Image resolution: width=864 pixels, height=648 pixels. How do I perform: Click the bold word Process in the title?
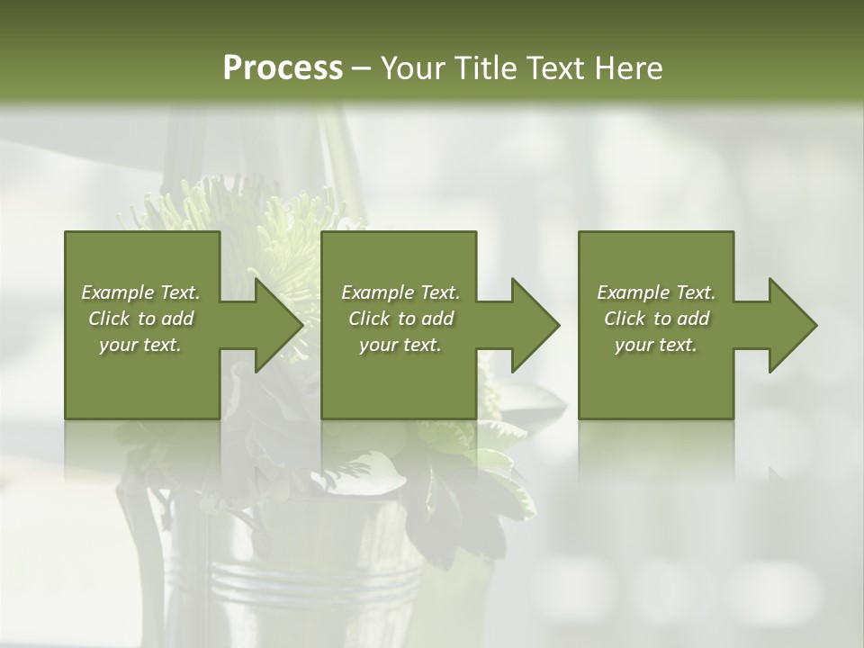click(283, 68)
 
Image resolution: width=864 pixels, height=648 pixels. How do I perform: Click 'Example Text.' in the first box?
click(140, 292)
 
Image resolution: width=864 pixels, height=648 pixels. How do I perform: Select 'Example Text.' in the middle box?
click(400, 292)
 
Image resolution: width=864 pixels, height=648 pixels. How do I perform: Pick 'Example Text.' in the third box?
click(656, 292)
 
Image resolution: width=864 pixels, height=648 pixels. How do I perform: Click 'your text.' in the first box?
click(140, 345)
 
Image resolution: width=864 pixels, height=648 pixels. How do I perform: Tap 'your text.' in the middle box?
click(400, 345)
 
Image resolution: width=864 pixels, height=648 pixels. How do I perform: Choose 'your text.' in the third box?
click(656, 345)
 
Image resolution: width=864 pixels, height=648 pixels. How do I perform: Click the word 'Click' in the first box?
click(109, 319)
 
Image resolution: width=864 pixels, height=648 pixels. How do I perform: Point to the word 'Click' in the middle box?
click(369, 319)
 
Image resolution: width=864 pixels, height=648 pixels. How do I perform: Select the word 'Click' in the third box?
click(625, 319)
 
